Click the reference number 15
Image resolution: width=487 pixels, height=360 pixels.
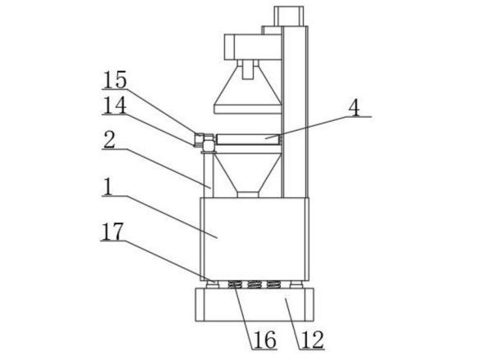click(115, 79)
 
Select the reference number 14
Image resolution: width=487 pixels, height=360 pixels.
click(115, 106)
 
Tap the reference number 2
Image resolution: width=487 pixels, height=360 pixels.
click(110, 140)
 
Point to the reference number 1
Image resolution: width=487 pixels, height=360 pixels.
click(108, 187)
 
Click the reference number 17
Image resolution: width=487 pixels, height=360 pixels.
click(112, 232)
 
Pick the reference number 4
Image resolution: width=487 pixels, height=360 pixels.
click(354, 108)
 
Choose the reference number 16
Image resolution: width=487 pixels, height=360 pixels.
click(265, 340)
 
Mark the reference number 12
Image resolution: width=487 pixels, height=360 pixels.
click(313, 340)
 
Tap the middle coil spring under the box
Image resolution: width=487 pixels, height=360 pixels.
click(255, 284)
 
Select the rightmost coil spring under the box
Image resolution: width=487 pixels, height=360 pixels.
click(273, 284)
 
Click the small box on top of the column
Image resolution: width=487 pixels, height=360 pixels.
click(289, 16)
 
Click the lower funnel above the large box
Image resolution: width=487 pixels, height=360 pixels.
click(248, 173)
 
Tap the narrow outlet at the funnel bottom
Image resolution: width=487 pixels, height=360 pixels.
click(248, 195)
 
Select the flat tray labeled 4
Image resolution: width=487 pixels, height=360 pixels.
click(248, 139)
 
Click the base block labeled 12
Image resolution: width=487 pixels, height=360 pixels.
click(255, 304)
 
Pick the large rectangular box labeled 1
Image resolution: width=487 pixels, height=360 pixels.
click(255, 239)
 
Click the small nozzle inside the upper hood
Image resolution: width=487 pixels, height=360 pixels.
click(247, 70)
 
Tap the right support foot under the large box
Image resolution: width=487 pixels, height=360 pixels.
click(295, 284)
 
